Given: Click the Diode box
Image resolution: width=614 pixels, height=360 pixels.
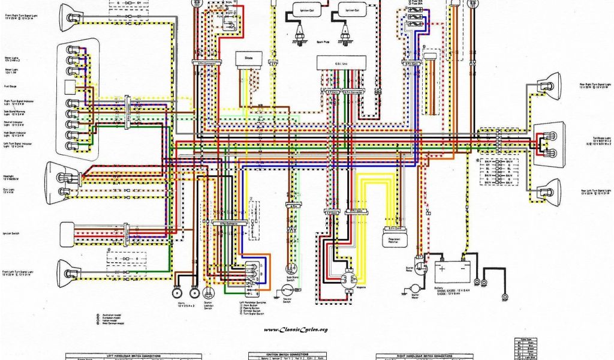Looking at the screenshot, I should pyautogui.click(x=245, y=58).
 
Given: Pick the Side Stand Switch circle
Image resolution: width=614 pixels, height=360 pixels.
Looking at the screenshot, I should pyautogui.click(x=292, y=268).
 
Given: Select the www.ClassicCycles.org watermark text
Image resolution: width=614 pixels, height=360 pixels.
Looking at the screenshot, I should pyautogui.click(x=295, y=329).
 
